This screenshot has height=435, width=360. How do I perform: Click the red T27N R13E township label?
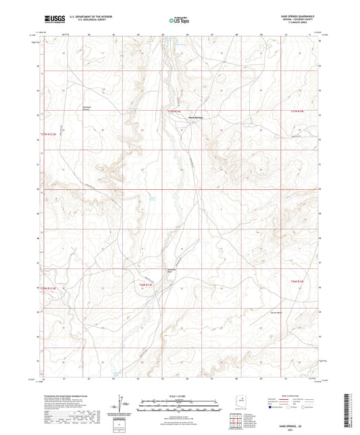175,111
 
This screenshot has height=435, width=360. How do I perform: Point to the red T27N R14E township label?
298,111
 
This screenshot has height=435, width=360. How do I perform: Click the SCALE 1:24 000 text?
180,394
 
